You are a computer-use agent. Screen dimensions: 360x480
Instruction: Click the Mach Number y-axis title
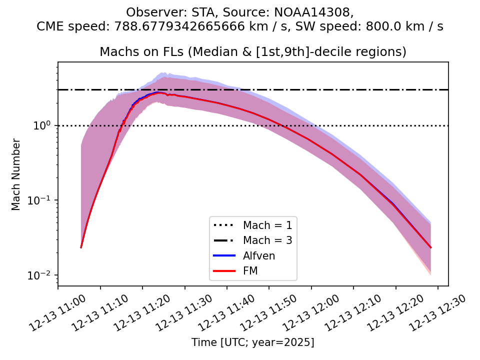click(16, 174)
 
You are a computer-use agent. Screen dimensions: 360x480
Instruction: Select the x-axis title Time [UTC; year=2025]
click(253, 342)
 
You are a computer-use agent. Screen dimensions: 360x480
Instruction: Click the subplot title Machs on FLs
click(253, 52)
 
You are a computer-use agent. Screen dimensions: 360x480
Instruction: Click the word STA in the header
click(190, 12)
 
